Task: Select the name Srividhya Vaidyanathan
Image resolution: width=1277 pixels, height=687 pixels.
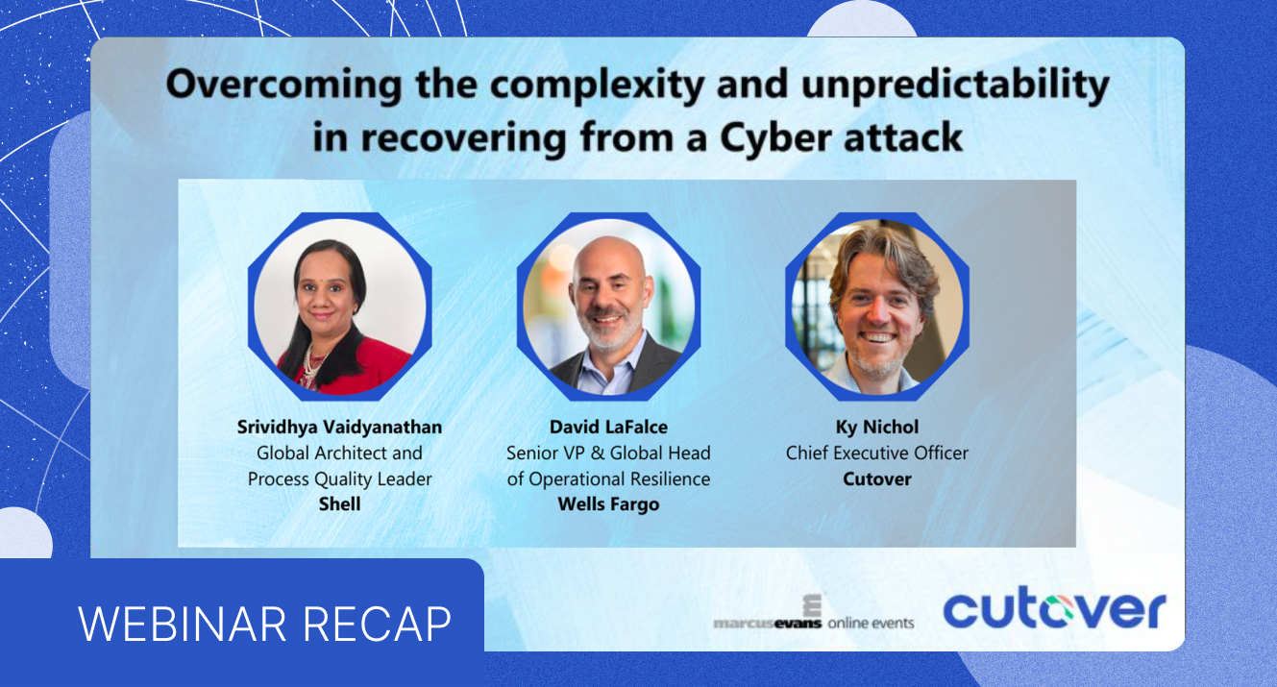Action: [x=339, y=428]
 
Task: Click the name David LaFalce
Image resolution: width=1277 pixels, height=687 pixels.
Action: [x=608, y=428]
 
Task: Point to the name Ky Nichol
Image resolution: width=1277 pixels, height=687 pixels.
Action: [x=876, y=428]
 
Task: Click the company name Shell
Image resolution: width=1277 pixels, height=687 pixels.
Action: [x=339, y=503]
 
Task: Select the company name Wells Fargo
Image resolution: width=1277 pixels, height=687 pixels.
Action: [x=608, y=503]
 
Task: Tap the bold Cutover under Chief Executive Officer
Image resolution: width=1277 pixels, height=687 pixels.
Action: [x=876, y=478]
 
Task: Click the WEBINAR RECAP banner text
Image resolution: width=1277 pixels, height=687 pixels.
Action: [x=264, y=624]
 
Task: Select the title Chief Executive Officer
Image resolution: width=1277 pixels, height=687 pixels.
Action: [x=876, y=453]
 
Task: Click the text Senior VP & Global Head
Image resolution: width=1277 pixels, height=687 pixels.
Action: [x=608, y=453]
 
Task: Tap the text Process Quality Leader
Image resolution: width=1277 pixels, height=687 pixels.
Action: [x=339, y=478]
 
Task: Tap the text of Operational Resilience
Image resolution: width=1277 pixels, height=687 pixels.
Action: [x=608, y=478]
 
